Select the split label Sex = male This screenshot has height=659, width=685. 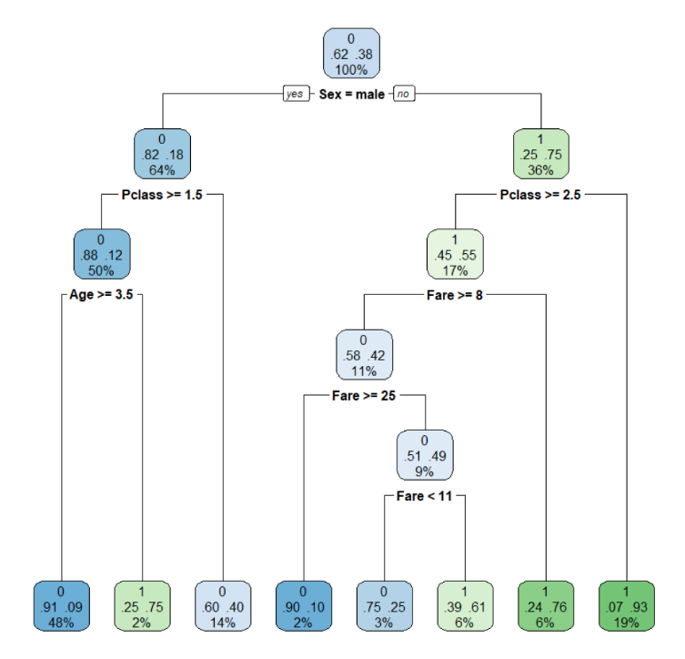point(351,94)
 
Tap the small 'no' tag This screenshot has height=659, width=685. point(404,94)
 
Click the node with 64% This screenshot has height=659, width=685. point(162,153)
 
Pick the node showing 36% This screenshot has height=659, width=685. point(540,153)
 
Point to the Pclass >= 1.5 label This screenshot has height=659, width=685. point(162,194)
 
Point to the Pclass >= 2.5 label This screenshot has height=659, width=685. point(540,194)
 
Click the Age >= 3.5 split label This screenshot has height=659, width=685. point(102,294)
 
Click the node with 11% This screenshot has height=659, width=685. point(363,354)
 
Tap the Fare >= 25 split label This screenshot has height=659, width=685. point(363,396)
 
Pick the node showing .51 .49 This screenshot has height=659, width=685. point(425,455)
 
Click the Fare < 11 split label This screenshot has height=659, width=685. point(425,496)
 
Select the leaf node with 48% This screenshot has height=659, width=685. point(61,605)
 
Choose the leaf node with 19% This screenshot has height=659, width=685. point(627,605)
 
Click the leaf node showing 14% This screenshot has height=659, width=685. point(222,605)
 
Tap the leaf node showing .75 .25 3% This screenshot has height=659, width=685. point(384,605)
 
